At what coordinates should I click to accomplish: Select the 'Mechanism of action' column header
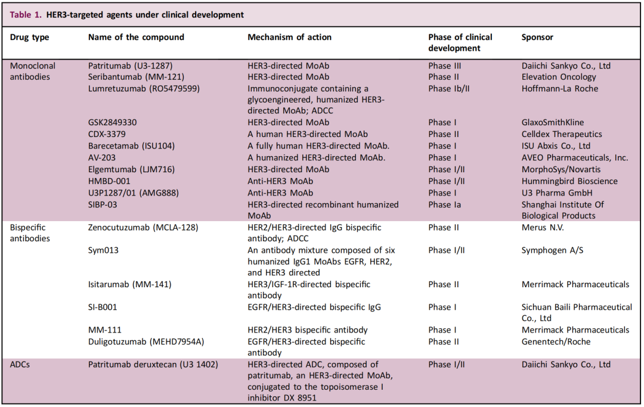[289, 37]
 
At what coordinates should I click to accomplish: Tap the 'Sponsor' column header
[537, 37]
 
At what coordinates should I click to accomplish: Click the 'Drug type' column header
[30, 37]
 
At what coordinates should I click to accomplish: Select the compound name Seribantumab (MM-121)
[136, 77]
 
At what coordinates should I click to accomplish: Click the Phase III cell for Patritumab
[445, 66]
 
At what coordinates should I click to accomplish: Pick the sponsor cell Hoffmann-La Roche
[560, 88]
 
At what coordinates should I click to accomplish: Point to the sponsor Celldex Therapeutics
[562, 134]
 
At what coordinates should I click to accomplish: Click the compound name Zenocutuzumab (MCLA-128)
[143, 228]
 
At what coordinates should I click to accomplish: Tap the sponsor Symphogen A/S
[552, 250]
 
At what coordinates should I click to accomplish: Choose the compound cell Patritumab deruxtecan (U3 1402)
[151, 365]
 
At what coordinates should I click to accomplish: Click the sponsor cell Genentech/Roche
[555, 341]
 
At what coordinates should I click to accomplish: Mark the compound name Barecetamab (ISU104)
[131, 146]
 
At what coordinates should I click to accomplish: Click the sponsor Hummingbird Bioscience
[569, 181]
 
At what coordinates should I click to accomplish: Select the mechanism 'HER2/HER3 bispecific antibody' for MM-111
[308, 330]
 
